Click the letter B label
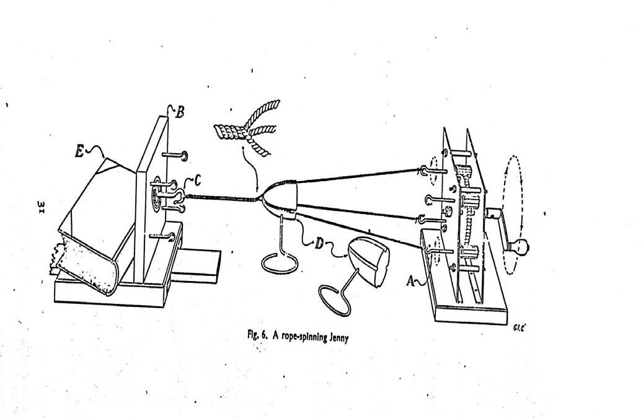179,112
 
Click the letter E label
80,152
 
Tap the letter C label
197,180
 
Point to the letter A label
410,280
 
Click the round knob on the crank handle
521,246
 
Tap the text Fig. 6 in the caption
257,335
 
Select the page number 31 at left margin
40,207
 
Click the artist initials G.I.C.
519,327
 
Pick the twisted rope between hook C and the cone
223,198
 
